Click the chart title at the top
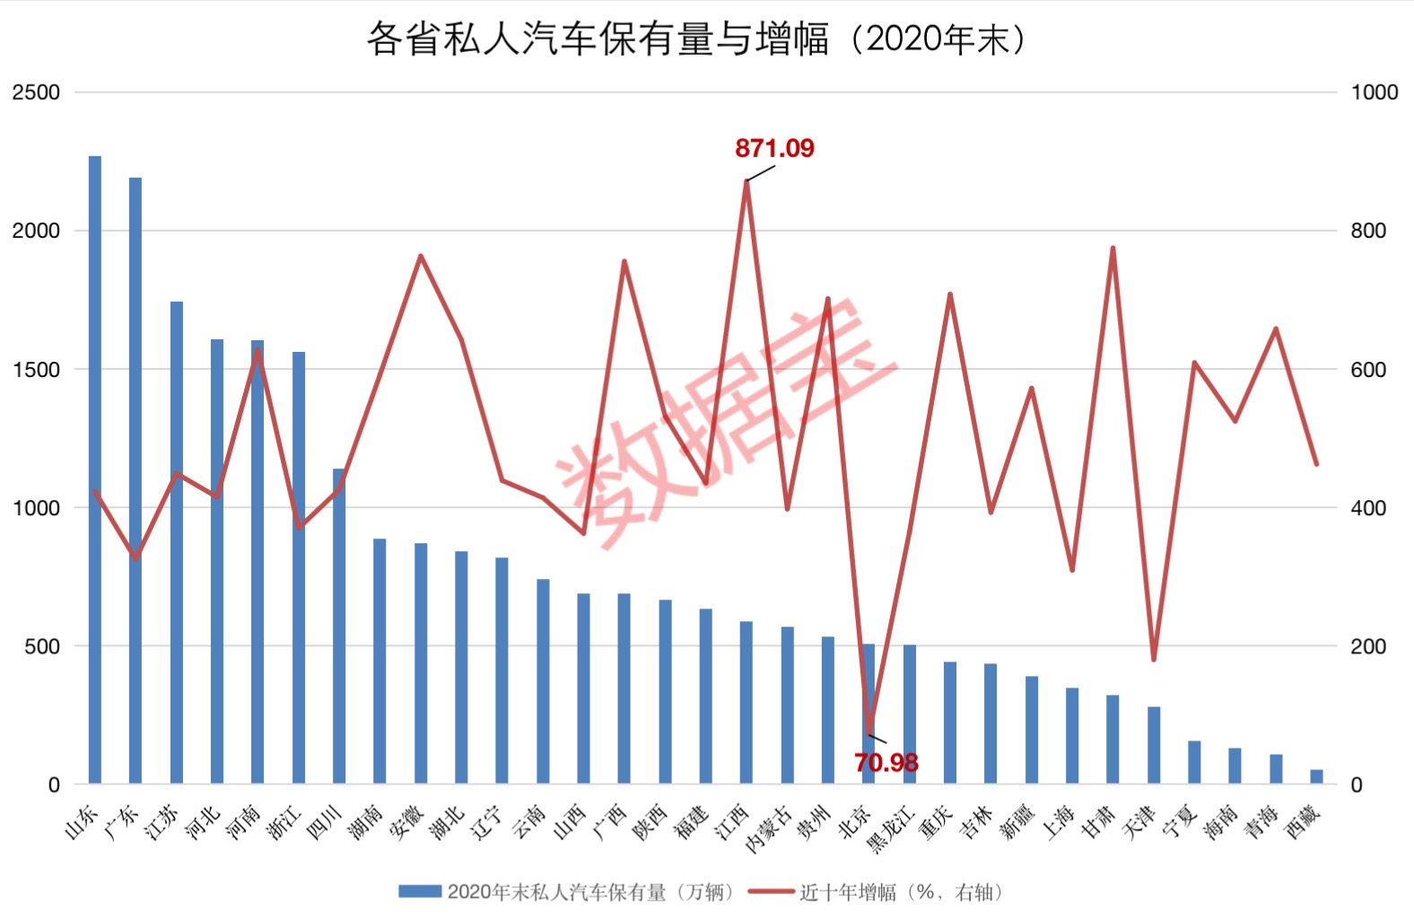tap(696, 39)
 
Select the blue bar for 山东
tap(95, 467)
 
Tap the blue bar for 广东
tap(135, 480)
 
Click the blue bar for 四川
tap(339, 628)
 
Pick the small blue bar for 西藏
tap(1316, 776)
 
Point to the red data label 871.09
tap(774, 148)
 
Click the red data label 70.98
tap(886, 763)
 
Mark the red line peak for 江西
tap(746, 181)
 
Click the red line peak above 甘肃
tap(1113, 248)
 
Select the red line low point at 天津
tap(1154, 660)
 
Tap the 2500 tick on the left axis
tap(36, 92)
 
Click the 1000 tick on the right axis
tap(1374, 92)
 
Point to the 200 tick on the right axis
tap(1368, 646)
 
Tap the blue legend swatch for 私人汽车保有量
tap(419, 891)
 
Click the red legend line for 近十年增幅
tap(771, 891)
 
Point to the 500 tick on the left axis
tap(42, 646)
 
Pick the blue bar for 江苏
tap(177, 543)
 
